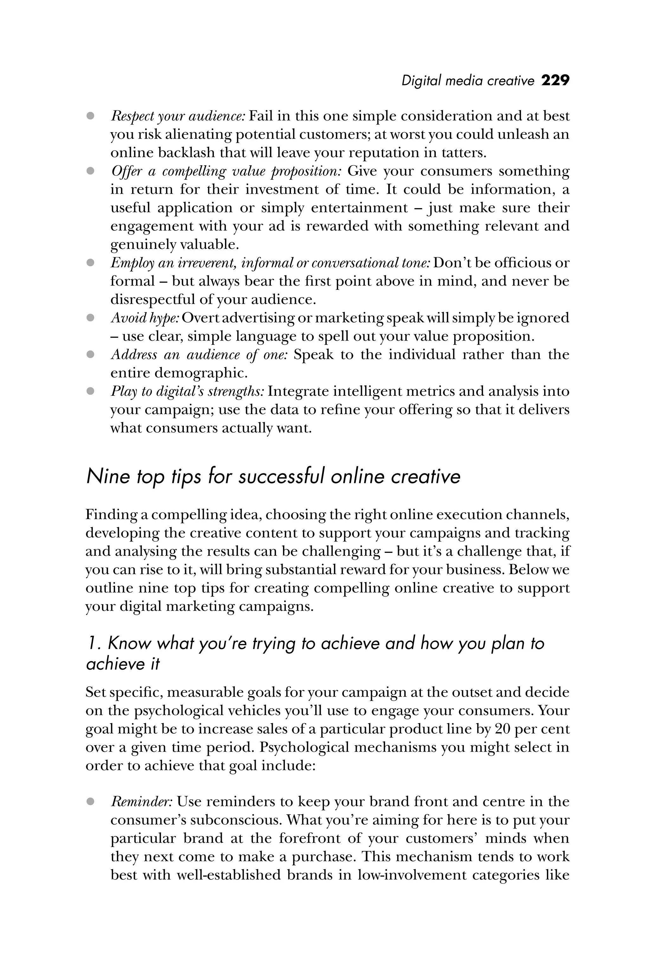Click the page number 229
[555, 80]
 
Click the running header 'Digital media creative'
[468, 81]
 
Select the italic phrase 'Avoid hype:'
[145, 318]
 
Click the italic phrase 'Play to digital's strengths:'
[187, 391]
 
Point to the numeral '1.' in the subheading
[93, 644]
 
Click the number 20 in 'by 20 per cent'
[503, 729]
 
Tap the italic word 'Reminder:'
[141, 802]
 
